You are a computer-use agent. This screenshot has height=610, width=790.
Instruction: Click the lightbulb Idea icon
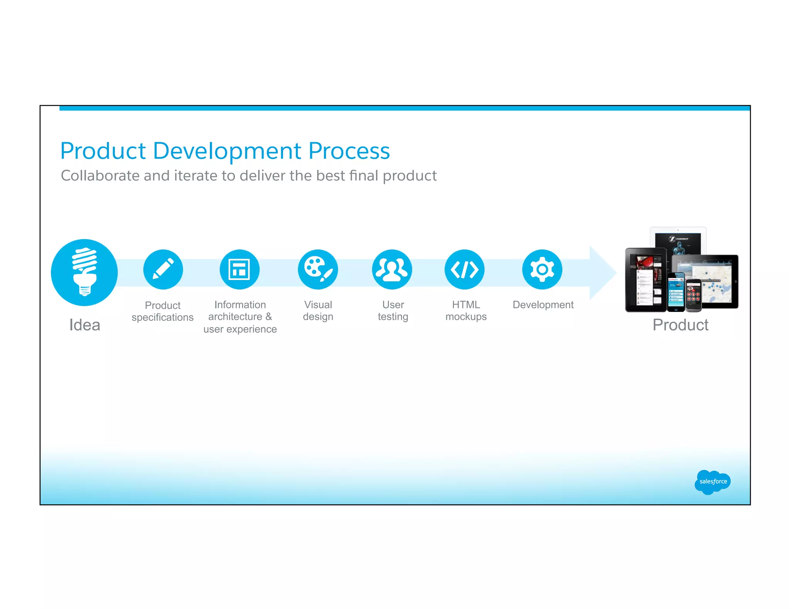pos(84,273)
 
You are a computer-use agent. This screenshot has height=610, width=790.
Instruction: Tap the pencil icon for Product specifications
pos(163,269)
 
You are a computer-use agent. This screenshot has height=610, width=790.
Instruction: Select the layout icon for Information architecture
pos(240,269)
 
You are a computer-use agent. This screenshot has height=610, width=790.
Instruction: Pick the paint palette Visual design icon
pos(318,269)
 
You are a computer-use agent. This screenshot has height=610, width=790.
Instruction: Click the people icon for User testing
pos(392,269)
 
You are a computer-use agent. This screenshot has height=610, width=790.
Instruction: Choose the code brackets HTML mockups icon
pos(465,269)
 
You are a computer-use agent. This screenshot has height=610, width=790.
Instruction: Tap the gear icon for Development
pos(542,269)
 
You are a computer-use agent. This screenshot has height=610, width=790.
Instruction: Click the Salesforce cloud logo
pos(712,482)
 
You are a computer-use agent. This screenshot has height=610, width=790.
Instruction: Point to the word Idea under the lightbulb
pos(85,325)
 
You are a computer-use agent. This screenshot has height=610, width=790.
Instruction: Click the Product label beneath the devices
pos(680,325)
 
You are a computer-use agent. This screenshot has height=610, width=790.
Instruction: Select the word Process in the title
pos(349,151)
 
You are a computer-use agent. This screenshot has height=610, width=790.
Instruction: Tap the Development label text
pos(543,305)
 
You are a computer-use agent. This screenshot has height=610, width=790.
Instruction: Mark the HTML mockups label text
pos(466,310)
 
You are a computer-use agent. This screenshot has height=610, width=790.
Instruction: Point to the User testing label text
pos(393,310)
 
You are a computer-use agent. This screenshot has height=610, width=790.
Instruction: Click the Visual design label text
pos(318,310)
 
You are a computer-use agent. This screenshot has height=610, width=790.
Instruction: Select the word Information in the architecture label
pos(240,305)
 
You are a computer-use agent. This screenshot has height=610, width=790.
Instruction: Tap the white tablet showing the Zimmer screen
pos(678,239)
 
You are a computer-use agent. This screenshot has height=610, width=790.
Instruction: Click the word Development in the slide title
pos(227,151)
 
